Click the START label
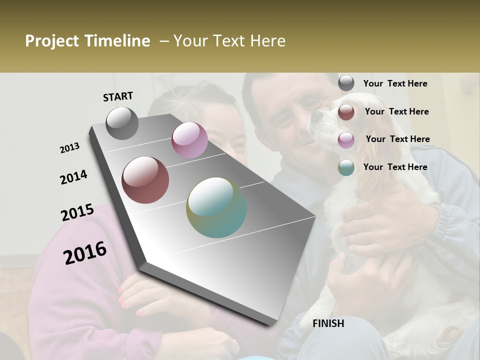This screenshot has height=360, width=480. click(118, 96)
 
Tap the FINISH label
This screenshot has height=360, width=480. click(328, 323)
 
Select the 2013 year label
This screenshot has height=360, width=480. click(70, 148)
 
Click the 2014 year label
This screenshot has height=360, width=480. click(74, 177)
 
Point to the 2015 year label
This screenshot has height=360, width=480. click(77, 212)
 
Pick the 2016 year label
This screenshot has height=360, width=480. click(85, 253)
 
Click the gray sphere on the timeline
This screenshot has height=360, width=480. click(122, 123)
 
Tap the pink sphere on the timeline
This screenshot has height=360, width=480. click(189, 140)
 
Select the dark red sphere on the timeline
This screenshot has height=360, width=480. click(145, 180)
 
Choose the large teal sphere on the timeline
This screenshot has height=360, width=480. click(216, 207)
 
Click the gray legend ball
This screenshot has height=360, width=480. click(346, 83)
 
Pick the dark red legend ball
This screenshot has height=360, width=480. click(346, 112)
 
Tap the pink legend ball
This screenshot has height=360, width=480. click(346, 140)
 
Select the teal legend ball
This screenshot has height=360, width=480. click(346, 167)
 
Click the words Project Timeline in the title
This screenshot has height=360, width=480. click(87, 41)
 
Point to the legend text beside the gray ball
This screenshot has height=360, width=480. click(395, 83)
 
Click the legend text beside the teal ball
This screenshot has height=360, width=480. click(395, 167)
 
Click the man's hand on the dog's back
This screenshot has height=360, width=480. click(380, 220)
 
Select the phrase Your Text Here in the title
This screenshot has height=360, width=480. click(229, 41)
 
